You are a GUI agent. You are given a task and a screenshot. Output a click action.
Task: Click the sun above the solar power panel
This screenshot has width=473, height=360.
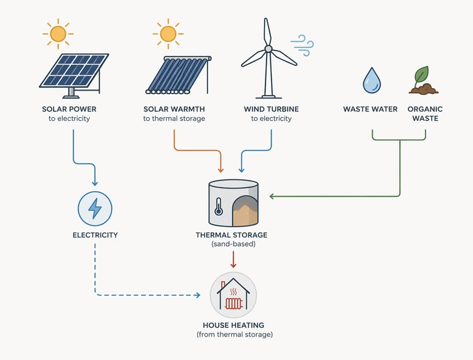pos(57,33)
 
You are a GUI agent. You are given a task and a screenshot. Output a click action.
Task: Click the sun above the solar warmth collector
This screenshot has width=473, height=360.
pos(168,33)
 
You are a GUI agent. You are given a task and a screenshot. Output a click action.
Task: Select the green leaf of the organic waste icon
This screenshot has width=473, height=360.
pos(422,75)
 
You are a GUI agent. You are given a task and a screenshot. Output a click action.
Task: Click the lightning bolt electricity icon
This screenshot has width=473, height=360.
pos(95,208)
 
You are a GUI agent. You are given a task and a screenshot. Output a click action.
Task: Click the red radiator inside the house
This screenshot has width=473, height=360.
pos(233,303)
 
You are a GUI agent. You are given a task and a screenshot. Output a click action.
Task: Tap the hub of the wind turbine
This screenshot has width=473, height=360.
pos(268,48)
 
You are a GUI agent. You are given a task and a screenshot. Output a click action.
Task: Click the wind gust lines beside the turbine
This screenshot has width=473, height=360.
pos(302,42)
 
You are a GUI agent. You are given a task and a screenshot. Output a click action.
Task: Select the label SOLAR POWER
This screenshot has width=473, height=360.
pos(69,109)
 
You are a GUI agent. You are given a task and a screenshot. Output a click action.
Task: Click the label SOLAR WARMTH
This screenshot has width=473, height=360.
pos(174,109)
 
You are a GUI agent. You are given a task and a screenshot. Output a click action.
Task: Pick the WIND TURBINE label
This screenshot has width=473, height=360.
pos(271,109)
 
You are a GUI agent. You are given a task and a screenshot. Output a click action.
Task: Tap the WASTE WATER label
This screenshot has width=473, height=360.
pos(370,109)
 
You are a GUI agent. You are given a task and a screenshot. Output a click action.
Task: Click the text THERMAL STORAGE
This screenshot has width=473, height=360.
pos(232,235)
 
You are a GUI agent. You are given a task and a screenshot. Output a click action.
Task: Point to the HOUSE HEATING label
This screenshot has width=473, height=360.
pos(233,325)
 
